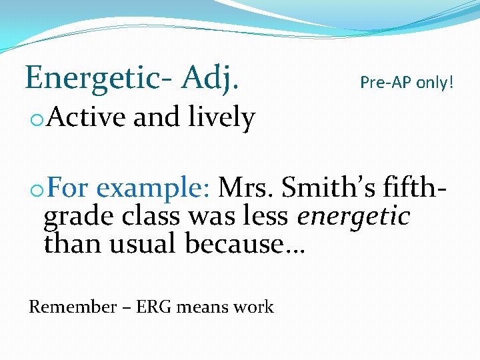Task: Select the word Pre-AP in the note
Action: click(x=385, y=83)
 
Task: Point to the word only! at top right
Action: click(x=435, y=83)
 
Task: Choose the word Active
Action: click(x=86, y=118)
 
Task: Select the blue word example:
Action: click(x=154, y=189)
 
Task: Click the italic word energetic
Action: click(x=353, y=216)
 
